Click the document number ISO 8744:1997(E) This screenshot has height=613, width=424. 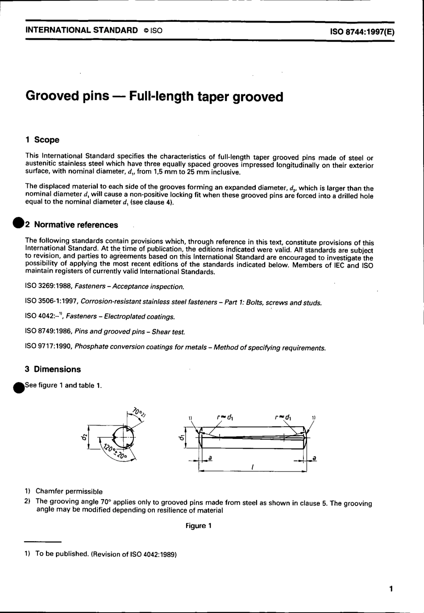[x=362, y=32]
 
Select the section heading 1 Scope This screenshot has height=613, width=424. [x=42, y=140]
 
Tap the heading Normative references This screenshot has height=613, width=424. [x=76, y=225]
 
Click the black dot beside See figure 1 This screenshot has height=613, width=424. [x=18, y=387]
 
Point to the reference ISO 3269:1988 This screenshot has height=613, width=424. [x=49, y=287]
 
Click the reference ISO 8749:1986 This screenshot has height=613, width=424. [x=49, y=332]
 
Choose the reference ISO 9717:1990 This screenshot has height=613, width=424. [x=49, y=347]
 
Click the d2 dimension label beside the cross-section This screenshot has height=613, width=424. [x=83, y=438]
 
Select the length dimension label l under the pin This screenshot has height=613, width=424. [x=253, y=467]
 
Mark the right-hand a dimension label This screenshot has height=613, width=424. [x=314, y=458]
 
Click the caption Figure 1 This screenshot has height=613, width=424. [x=199, y=526]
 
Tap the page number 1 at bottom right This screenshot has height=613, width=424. [x=391, y=589]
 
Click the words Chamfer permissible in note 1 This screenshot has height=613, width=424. [x=69, y=492]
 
